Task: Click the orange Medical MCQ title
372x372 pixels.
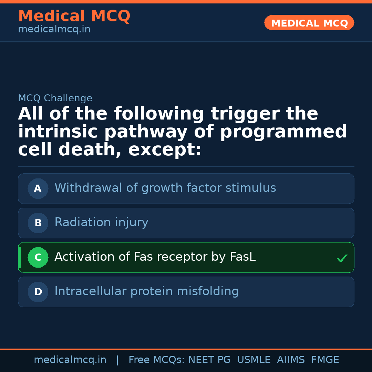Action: pyautogui.click(x=74, y=16)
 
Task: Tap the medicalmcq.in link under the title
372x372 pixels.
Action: pyautogui.click(x=54, y=30)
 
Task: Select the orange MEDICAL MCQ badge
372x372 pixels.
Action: pyautogui.click(x=309, y=23)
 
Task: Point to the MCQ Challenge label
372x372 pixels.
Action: pyautogui.click(x=55, y=99)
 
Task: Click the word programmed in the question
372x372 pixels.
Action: pyautogui.click(x=283, y=132)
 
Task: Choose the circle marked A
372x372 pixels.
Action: pyautogui.click(x=38, y=188)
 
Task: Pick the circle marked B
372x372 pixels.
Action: pyautogui.click(x=38, y=223)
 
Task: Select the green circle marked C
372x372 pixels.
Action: pyautogui.click(x=38, y=257)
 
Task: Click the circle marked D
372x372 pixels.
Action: pyautogui.click(x=38, y=292)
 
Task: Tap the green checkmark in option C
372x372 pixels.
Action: pyautogui.click(x=342, y=258)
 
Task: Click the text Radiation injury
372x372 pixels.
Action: pyautogui.click(x=101, y=223)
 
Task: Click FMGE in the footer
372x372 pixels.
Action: pyautogui.click(x=325, y=360)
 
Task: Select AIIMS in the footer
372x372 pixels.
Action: pyautogui.click(x=291, y=360)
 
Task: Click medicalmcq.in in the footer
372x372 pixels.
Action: pyautogui.click(x=70, y=360)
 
